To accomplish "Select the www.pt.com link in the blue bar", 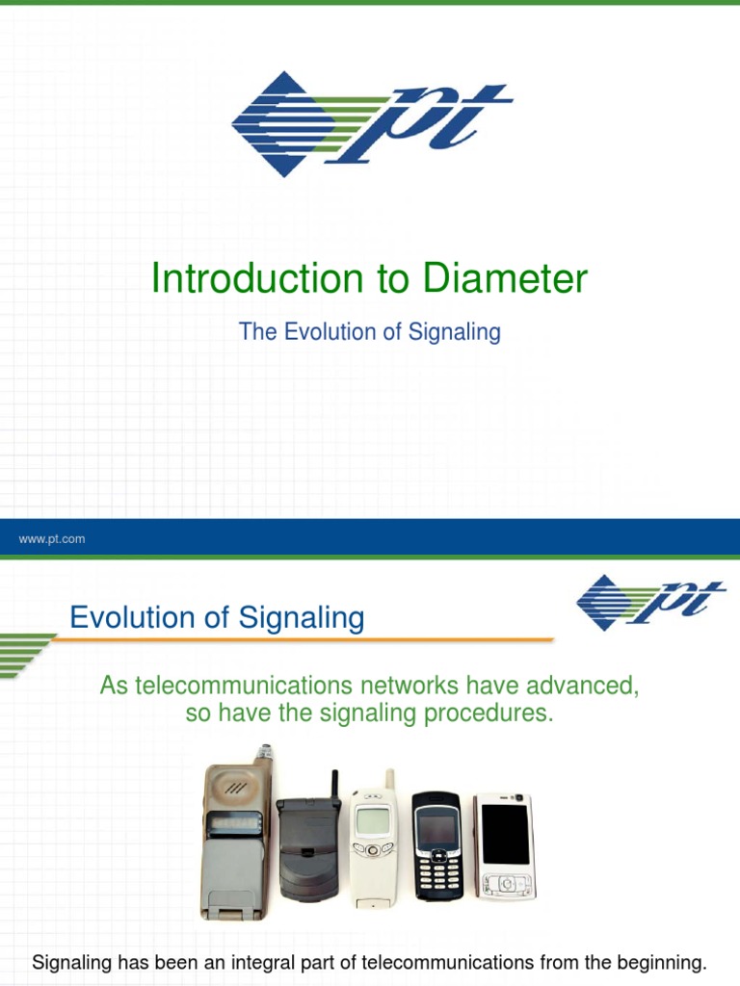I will pyautogui.click(x=52, y=539).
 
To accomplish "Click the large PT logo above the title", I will pyautogui.click(x=371, y=123).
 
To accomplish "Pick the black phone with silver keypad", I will pyautogui.click(x=436, y=845).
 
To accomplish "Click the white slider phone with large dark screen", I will pyautogui.click(x=504, y=844).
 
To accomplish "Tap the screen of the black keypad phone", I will pyautogui.click(x=436, y=825).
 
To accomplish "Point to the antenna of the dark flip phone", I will pyautogui.click(x=334, y=785).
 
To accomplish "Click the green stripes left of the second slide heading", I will pyautogui.click(x=23, y=654).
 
